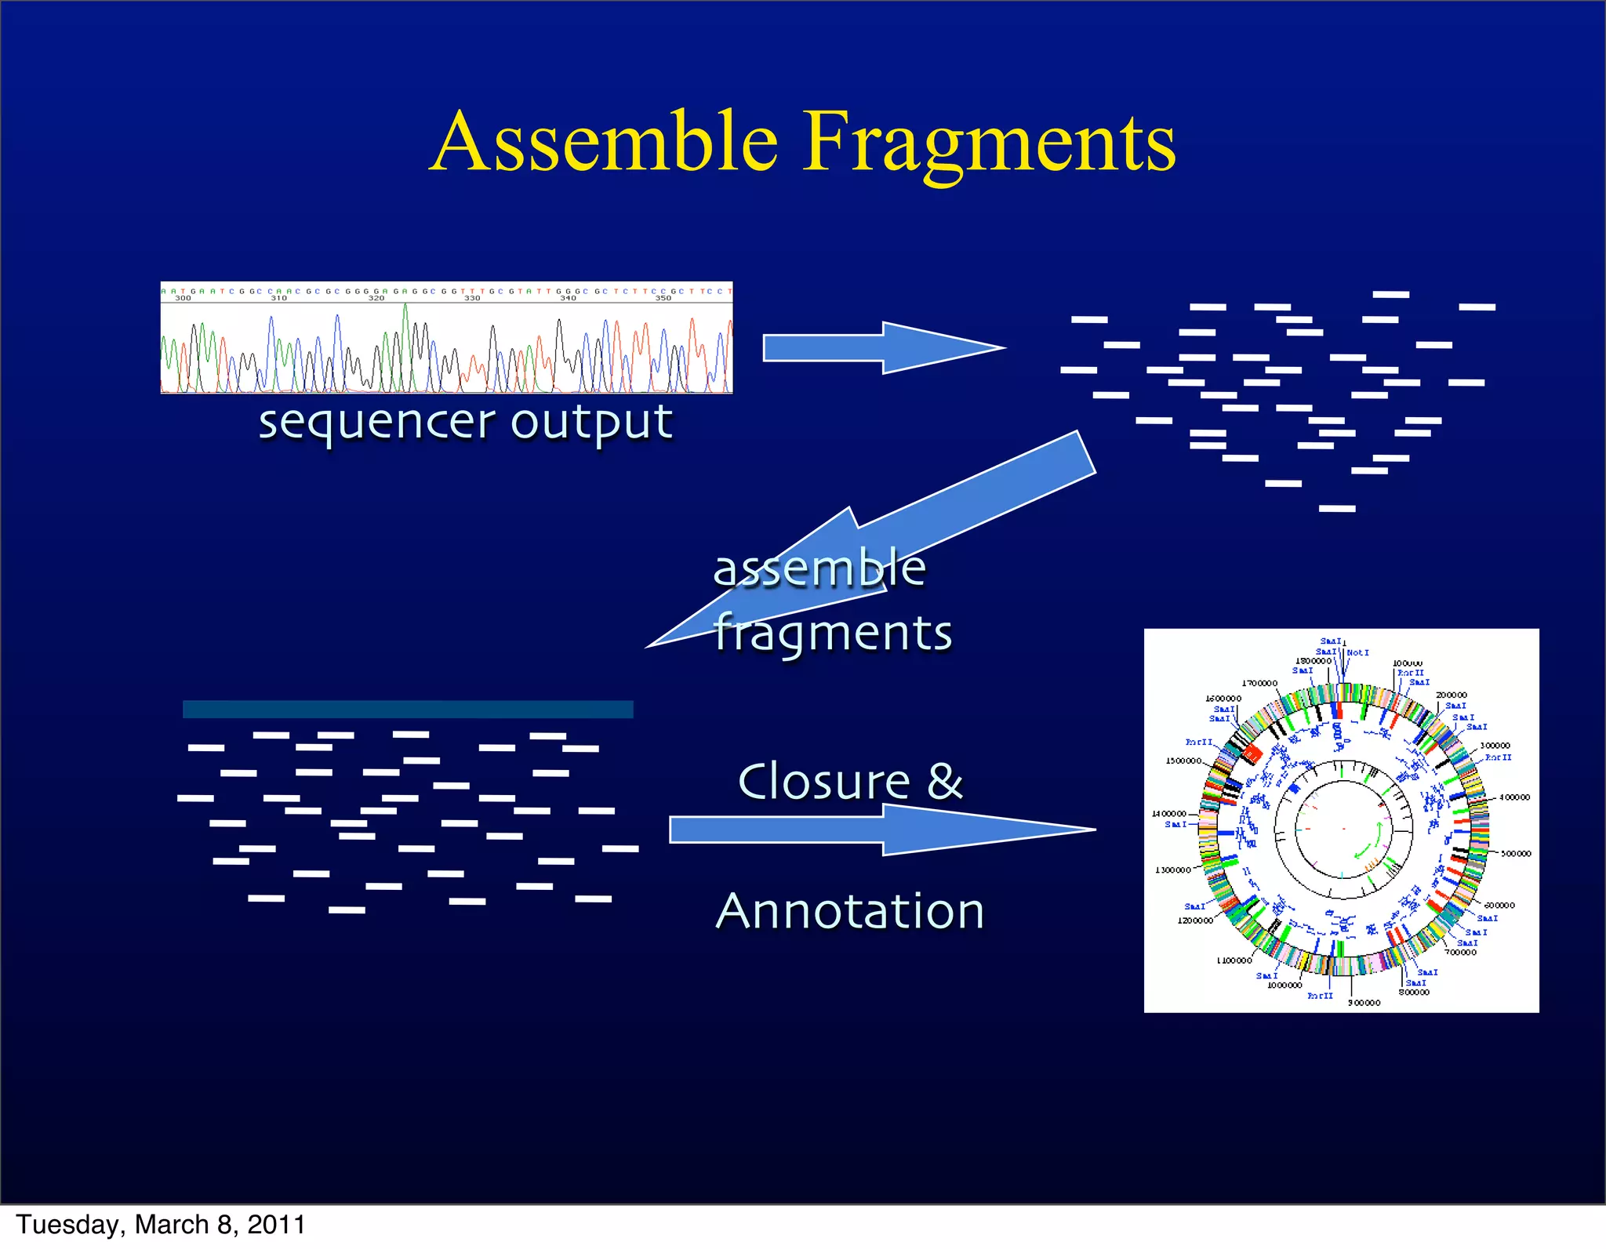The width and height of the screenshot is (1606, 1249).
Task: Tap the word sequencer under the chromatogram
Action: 376,424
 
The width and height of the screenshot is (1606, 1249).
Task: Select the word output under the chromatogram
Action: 591,424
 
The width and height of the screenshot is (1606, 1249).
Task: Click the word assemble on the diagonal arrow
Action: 819,568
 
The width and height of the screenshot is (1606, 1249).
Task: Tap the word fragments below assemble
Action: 833,634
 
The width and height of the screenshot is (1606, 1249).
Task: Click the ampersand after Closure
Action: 945,782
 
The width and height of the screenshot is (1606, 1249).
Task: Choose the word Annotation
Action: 850,911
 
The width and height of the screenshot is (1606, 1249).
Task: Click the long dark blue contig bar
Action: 408,710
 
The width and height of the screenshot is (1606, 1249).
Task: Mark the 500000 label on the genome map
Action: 1516,854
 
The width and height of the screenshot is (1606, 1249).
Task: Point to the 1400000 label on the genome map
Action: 1168,814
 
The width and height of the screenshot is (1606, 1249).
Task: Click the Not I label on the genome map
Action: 1357,652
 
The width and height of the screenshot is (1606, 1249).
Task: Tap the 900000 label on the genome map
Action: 1364,1003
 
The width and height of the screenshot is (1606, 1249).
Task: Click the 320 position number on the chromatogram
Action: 376,298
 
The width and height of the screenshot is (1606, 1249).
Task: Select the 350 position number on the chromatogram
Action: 663,298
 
